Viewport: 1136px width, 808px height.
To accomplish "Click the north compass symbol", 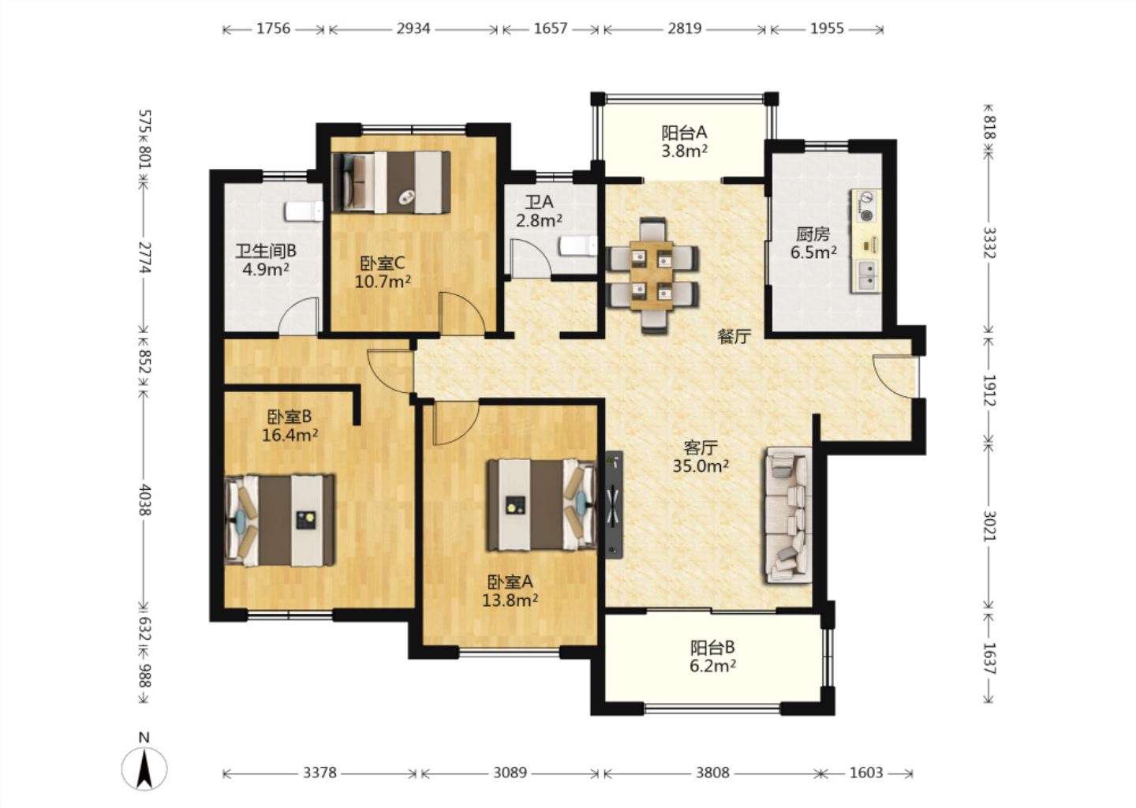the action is tap(144, 768).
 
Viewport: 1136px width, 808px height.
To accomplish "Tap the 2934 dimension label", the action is tap(413, 29).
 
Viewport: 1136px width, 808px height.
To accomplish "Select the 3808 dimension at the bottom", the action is tap(712, 773).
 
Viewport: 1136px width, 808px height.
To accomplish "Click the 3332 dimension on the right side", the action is tap(989, 242).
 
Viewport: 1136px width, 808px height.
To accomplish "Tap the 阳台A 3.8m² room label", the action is tap(684, 141).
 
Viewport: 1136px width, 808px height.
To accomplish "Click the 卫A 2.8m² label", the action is tap(539, 211).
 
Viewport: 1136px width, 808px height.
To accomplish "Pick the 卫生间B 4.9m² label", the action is tap(266, 260).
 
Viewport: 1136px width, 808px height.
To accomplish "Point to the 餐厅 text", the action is tap(734, 336).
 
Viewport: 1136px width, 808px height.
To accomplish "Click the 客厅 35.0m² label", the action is tap(701, 457).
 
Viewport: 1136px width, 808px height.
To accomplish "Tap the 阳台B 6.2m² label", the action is tap(712, 656).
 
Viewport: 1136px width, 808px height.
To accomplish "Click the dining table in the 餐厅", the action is tap(652, 275).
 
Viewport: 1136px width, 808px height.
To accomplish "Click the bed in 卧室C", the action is tap(391, 182).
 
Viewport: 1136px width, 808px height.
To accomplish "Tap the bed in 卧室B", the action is tap(279, 520).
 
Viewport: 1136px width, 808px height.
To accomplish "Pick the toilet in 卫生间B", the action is tap(304, 211).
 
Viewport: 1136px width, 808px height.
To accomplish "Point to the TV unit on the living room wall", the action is tap(614, 505).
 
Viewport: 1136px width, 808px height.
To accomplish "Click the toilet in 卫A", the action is tap(578, 246).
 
